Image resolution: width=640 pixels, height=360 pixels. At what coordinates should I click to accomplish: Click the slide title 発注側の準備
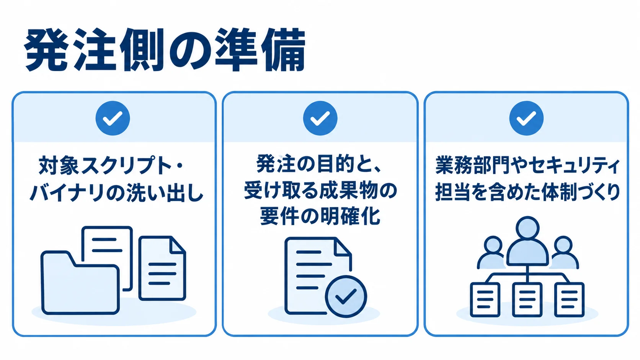[x=165, y=50]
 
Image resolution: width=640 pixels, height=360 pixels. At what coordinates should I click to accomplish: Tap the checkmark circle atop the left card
[x=113, y=118]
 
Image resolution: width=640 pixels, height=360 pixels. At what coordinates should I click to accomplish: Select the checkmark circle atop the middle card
[x=320, y=118]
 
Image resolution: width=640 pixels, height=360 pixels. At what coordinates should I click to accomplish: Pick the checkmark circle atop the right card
[x=526, y=118]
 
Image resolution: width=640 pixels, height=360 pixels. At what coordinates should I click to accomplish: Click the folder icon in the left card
[x=80, y=283]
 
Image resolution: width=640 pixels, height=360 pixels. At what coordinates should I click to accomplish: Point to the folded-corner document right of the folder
[x=162, y=268]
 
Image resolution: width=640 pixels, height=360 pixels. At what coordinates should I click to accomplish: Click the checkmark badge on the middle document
[x=346, y=296]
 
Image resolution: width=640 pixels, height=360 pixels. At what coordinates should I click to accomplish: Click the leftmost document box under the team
[x=485, y=300]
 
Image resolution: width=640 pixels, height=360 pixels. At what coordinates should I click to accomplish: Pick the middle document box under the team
[x=527, y=300]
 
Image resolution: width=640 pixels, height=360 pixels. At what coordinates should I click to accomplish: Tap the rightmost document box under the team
[x=570, y=300]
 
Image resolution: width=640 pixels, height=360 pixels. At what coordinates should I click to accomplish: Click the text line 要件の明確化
[x=320, y=216]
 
